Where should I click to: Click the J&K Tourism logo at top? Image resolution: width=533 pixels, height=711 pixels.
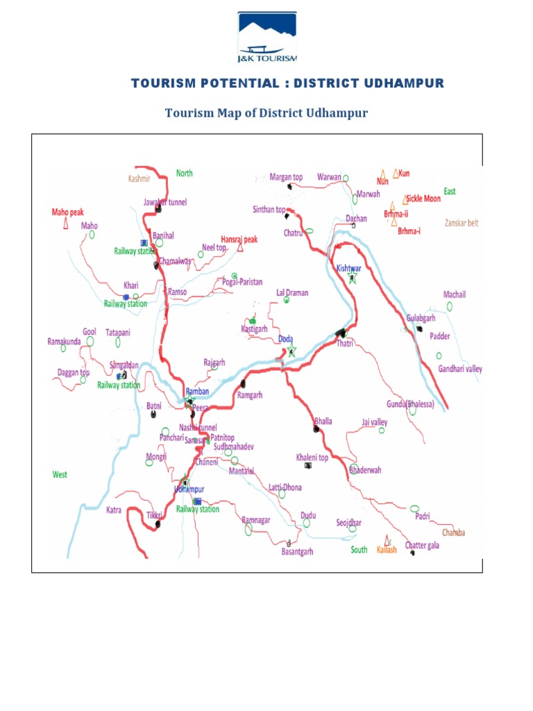tap(267, 34)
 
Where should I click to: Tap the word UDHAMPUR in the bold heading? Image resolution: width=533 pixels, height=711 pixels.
tap(404, 84)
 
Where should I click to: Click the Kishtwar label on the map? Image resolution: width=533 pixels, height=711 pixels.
tap(349, 267)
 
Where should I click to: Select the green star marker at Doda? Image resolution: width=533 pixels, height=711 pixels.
tap(291, 351)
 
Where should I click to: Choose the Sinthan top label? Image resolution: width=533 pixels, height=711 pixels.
tap(269, 209)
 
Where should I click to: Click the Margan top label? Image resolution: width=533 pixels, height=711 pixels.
tap(286, 177)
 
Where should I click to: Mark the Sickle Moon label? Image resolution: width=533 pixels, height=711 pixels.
tap(423, 199)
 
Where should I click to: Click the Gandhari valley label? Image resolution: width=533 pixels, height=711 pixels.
tap(459, 369)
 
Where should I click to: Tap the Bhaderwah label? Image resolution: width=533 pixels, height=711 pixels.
tap(365, 470)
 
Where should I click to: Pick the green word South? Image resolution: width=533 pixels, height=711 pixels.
tap(359, 549)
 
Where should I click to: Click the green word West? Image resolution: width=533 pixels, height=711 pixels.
tap(60, 474)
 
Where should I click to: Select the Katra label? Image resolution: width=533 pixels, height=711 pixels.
tap(113, 510)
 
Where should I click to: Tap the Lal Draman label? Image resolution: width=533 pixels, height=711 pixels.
tap(291, 293)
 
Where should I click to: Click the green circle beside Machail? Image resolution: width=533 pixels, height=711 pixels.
tap(450, 306)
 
